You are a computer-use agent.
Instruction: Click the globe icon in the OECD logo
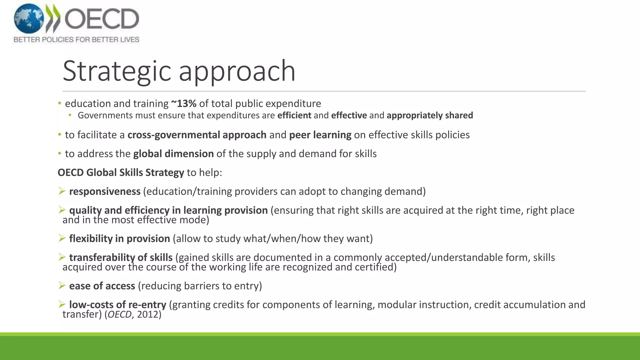click(x=29, y=19)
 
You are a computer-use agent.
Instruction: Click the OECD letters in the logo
click(x=102, y=19)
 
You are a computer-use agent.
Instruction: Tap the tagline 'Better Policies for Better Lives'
click(x=76, y=40)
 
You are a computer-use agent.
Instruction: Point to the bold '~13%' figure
click(x=184, y=103)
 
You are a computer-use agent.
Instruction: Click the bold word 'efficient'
click(x=294, y=115)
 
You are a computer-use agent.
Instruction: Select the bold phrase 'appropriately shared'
click(x=430, y=115)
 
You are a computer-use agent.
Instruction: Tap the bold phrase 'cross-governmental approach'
click(x=197, y=135)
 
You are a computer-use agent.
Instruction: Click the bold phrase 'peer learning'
click(x=320, y=135)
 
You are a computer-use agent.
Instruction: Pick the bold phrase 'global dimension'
click(x=173, y=154)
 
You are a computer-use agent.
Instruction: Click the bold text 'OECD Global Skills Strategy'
click(x=121, y=172)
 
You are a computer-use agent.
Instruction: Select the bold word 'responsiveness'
click(x=105, y=191)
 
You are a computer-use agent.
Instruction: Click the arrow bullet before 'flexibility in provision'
click(x=62, y=238)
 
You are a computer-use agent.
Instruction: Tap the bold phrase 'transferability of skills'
click(x=121, y=257)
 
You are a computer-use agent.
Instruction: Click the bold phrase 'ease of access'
click(x=102, y=286)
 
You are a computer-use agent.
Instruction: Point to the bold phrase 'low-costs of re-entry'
click(x=118, y=304)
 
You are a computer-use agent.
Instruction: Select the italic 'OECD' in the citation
click(x=119, y=314)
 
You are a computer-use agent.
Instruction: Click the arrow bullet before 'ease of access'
click(x=62, y=285)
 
